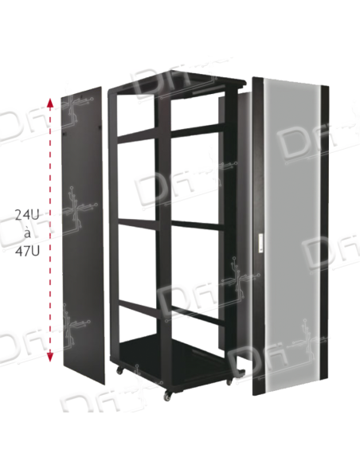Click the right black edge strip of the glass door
326,239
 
